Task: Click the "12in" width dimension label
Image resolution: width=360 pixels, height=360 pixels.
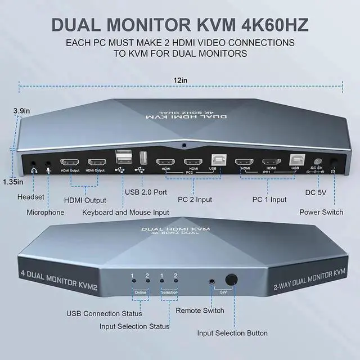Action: pos(180,80)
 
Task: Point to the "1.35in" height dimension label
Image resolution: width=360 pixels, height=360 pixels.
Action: pos(12,182)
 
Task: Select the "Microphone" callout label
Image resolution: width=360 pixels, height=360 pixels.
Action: pos(46,212)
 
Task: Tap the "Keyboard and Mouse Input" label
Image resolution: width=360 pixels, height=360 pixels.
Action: pos(125,212)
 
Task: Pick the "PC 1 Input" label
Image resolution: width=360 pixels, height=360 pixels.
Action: pos(269,199)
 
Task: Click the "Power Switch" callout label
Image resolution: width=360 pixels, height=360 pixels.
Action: pos(321,212)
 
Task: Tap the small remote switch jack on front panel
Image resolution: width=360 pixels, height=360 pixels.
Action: pos(212,280)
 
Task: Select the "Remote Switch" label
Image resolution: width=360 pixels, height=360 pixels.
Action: pos(200,310)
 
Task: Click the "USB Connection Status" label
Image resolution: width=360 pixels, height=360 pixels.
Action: pos(104,313)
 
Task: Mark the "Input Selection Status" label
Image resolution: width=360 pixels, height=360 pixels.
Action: pos(134,326)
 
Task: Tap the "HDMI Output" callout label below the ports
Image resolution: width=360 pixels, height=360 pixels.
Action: pos(85,200)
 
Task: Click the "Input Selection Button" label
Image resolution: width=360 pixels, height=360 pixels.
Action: pos(232,333)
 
